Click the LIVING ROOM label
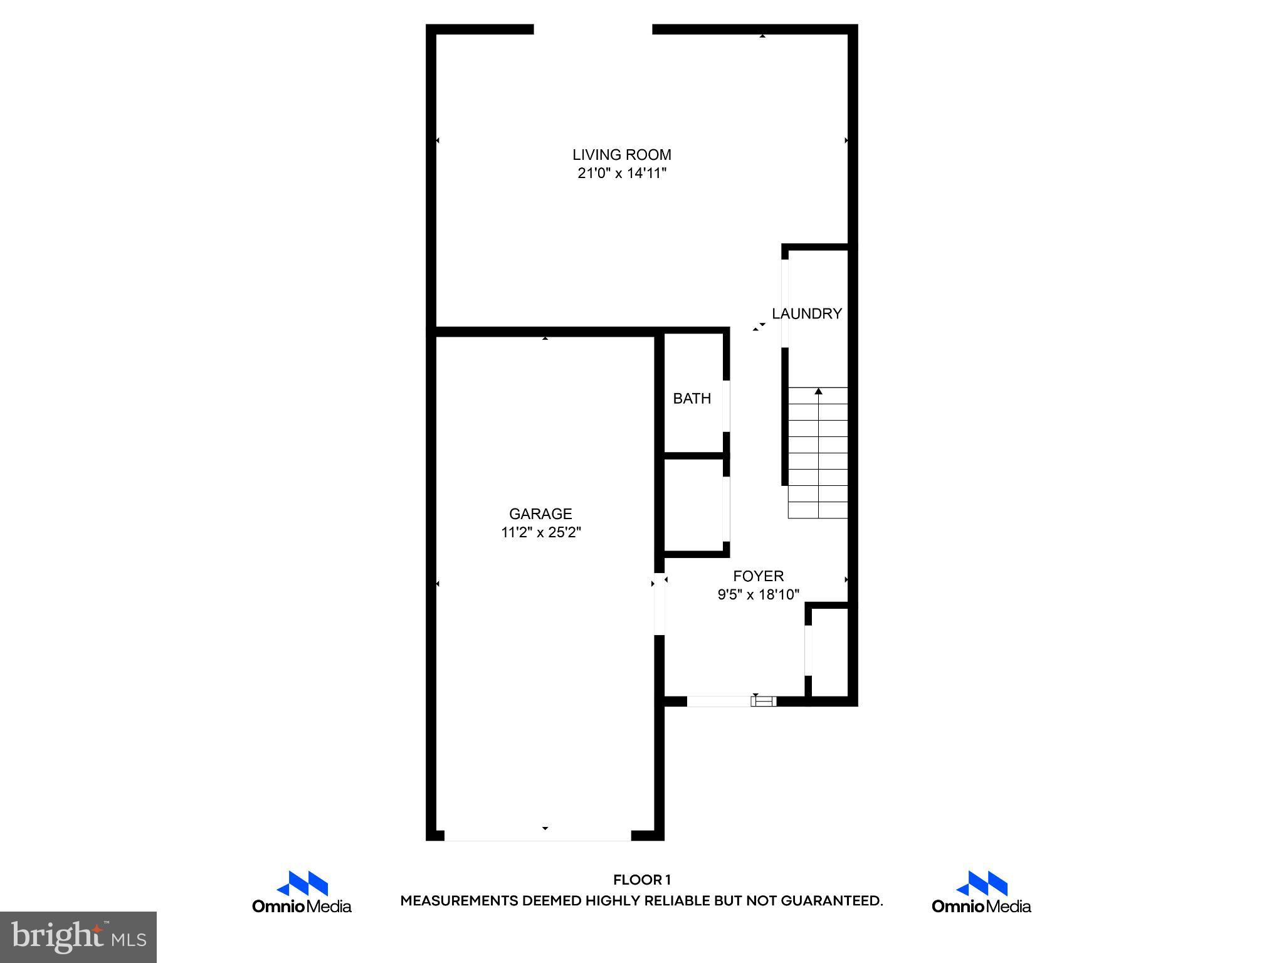point(621,154)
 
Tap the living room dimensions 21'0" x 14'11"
point(621,173)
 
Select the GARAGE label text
point(540,513)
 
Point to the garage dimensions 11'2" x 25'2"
point(540,532)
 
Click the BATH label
point(692,398)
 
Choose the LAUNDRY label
point(806,313)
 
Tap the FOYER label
point(758,576)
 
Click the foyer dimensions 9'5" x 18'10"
point(758,594)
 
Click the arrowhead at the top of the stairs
point(818,391)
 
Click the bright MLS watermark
point(78,937)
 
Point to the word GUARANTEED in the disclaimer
point(831,901)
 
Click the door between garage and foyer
point(659,603)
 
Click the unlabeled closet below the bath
point(693,505)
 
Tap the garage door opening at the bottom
point(537,836)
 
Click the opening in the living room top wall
point(592,29)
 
